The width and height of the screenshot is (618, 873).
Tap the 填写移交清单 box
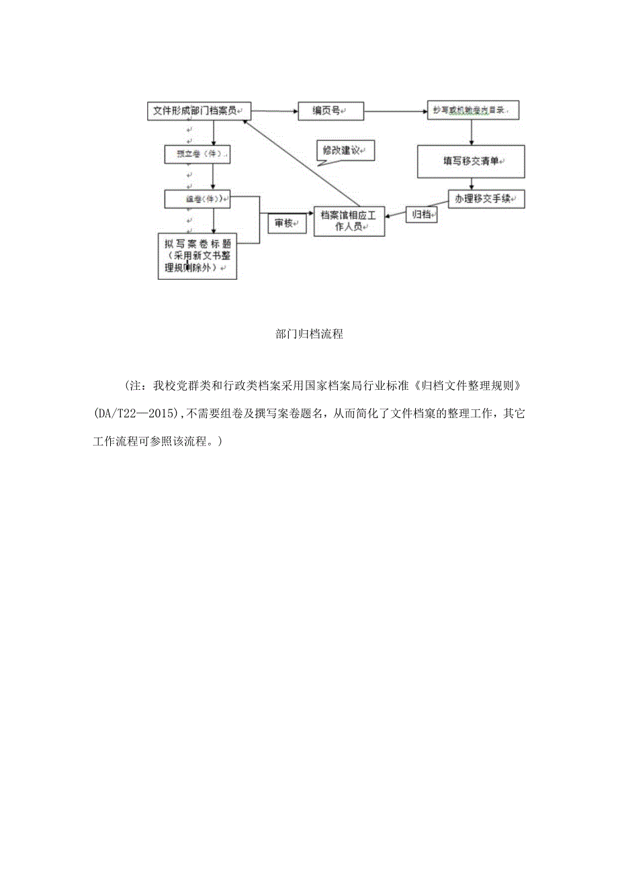(471, 162)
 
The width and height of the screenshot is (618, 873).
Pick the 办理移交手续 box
(486, 199)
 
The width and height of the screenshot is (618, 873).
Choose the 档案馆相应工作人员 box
(349, 221)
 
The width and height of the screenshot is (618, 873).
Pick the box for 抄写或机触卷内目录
(474, 109)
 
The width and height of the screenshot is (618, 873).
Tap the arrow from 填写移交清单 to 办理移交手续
(474, 184)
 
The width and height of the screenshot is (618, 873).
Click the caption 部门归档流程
(309, 334)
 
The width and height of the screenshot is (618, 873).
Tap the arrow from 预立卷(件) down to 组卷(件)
(213, 176)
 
